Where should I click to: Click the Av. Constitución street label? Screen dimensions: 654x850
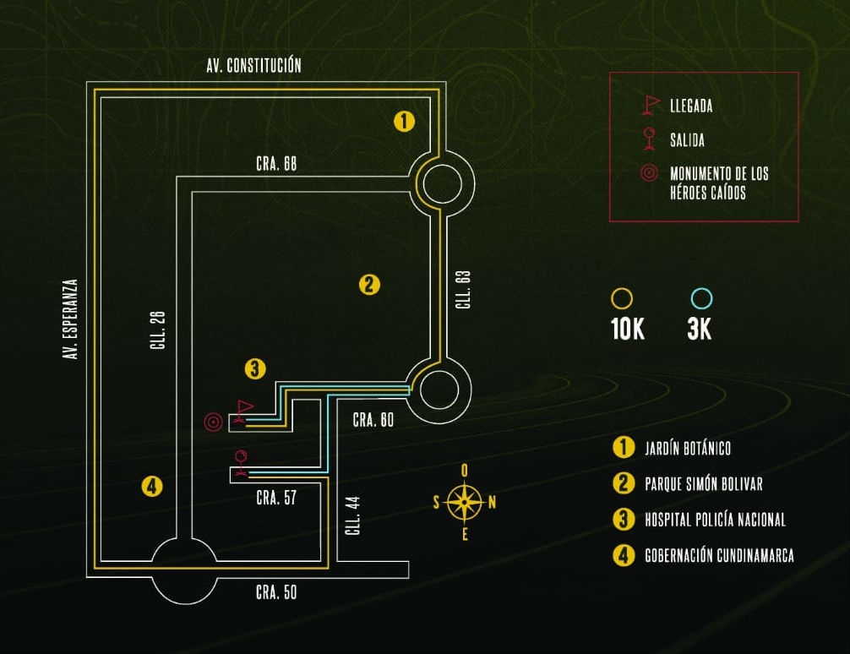pyautogui.click(x=253, y=66)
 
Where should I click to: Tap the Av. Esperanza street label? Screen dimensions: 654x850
pyautogui.click(x=71, y=320)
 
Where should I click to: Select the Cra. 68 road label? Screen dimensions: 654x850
pyautogui.click(x=276, y=164)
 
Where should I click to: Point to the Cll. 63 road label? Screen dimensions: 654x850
pyautogui.click(x=462, y=290)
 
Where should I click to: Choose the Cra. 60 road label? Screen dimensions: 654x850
pyautogui.click(x=373, y=420)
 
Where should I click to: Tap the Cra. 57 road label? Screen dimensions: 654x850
pyautogui.click(x=276, y=498)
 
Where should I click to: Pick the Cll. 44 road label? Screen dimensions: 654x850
pyautogui.click(x=354, y=515)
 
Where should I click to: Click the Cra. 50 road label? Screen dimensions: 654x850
pyautogui.click(x=276, y=592)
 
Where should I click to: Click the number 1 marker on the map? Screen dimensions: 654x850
pyautogui.click(x=405, y=122)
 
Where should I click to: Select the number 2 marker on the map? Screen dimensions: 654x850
pyautogui.click(x=369, y=285)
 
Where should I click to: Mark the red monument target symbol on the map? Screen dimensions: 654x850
pyautogui.click(x=214, y=421)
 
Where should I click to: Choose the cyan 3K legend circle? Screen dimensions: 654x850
pyautogui.click(x=701, y=299)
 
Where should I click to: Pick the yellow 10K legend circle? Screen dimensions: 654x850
pyautogui.click(x=622, y=299)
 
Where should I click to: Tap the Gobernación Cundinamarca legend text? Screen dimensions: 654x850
pyautogui.click(x=719, y=555)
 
